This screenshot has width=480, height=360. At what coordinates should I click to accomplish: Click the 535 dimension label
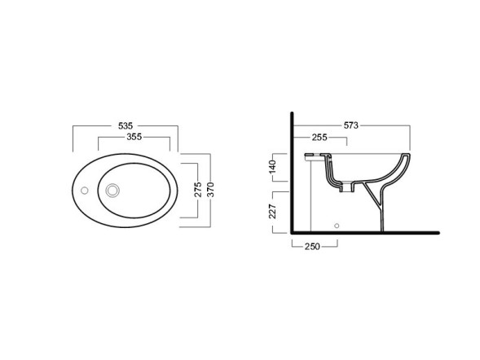click(126, 125)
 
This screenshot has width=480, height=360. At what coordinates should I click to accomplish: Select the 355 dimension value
click(134, 137)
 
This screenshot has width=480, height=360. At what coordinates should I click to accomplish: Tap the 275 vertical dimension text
click(198, 190)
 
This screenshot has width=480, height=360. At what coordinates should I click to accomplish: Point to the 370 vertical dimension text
click(211, 190)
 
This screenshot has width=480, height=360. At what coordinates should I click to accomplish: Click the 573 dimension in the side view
click(350, 125)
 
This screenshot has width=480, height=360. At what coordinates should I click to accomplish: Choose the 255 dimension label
click(319, 138)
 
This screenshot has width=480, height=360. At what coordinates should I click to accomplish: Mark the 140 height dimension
click(272, 167)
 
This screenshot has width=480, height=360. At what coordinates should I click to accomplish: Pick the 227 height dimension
click(272, 211)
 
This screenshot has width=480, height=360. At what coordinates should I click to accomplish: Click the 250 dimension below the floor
click(312, 247)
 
